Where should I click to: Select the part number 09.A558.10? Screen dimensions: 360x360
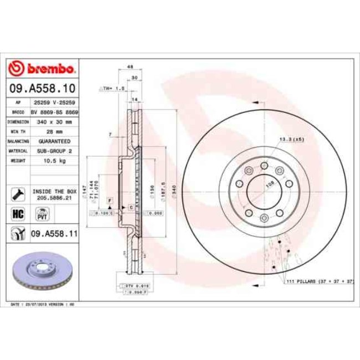[42, 88]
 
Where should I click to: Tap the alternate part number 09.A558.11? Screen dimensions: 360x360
[53, 234]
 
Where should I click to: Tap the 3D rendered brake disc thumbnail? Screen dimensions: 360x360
[43, 271]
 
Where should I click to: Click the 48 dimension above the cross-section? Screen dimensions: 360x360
[131, 67]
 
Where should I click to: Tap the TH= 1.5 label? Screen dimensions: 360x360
[109, 88]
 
